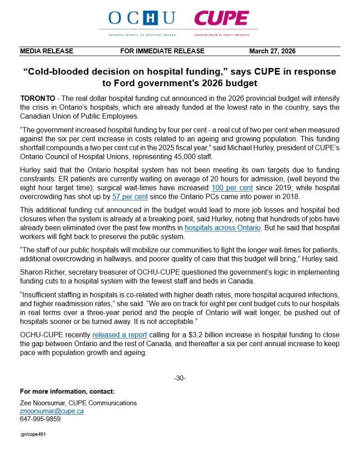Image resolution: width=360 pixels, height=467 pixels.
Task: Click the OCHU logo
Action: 142,19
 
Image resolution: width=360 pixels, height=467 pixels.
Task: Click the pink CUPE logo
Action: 221,19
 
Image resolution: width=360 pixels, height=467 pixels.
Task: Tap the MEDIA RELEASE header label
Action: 46,51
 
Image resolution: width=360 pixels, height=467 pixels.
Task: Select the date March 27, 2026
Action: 272,51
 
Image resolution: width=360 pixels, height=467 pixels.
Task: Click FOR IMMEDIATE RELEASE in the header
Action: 162,51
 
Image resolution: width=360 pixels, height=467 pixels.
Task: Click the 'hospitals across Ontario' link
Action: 223,228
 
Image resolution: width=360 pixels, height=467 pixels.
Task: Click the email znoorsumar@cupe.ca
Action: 51,411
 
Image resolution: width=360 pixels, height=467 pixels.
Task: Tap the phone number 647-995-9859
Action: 40,419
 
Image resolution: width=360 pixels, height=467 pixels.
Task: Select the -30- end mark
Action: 180,378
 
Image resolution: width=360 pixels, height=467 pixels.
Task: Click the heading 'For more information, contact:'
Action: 67,391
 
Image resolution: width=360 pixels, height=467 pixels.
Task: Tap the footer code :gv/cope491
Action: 33,435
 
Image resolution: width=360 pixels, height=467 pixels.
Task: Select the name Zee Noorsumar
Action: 42,403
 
